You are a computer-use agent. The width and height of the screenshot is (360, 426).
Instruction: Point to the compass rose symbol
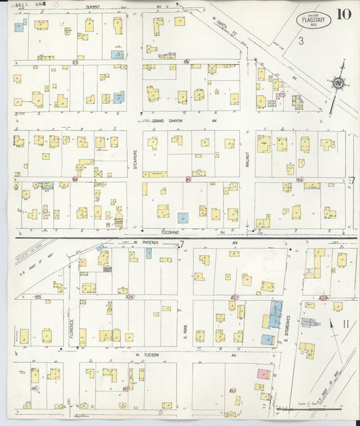(336, 82)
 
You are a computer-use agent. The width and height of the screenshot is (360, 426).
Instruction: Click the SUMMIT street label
(93, 7)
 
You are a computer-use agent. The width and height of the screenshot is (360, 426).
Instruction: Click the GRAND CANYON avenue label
(167, 120)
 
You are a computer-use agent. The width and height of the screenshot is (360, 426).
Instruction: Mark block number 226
(130, 297)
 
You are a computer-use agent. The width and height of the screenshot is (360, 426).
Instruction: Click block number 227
(235, 297)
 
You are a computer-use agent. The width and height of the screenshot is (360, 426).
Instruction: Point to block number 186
(298, 180)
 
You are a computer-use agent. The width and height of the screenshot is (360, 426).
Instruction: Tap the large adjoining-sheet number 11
(345, 324)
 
